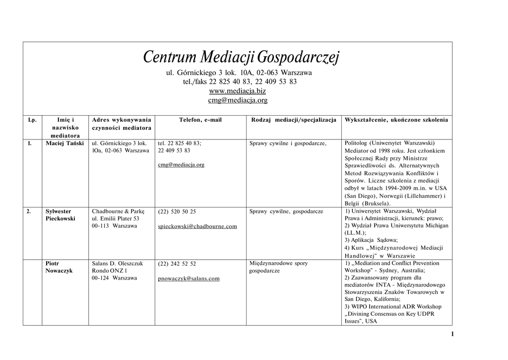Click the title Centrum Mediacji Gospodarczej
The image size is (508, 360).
241,58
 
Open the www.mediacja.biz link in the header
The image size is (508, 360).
237,91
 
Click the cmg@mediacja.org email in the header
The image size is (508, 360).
237,100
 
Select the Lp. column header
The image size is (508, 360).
32,120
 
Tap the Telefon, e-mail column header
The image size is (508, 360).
200,120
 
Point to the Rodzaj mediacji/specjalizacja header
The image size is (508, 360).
294,120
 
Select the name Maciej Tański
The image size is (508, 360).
64,144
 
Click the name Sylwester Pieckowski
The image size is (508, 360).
60,215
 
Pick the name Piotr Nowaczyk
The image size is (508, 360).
59,267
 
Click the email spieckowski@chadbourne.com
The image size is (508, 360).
197,226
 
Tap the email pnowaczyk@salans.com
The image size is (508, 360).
189,279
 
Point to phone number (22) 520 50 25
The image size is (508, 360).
177,212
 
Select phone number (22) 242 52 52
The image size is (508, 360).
177,264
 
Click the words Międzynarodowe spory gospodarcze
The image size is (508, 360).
278,267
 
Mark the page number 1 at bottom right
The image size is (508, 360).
452,334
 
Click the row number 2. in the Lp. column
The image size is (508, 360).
29,211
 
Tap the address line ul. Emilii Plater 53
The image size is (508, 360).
116,218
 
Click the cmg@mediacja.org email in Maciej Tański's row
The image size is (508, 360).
181,165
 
